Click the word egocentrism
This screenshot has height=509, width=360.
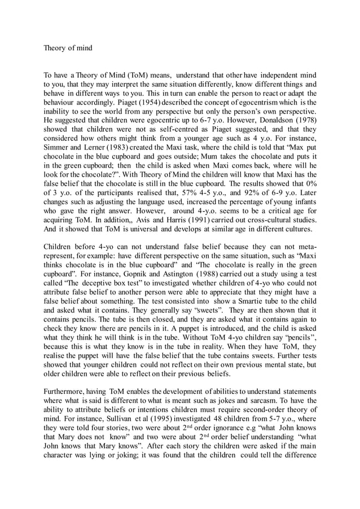pos(244,102)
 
